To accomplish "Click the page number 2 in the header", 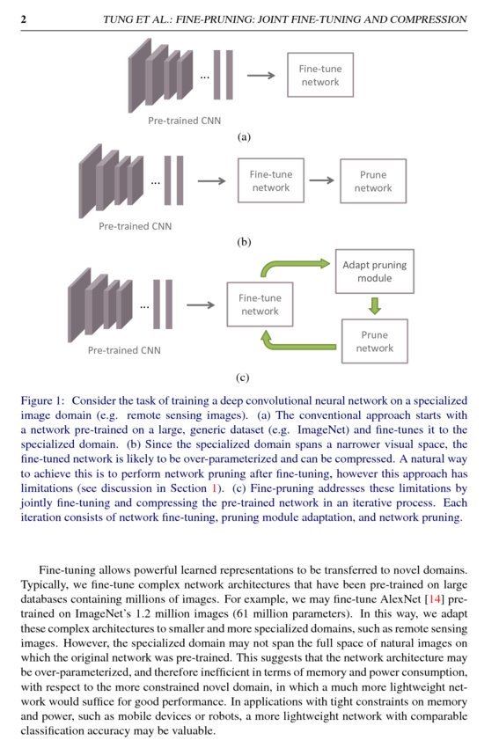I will [23, 18].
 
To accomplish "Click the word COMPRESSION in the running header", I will [426, 18].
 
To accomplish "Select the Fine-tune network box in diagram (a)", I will [320, 75].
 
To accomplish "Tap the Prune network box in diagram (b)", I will [373, 181].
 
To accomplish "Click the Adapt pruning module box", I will [375, 271].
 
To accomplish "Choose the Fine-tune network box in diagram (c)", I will [260, 304].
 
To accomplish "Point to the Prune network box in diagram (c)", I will [375, 341].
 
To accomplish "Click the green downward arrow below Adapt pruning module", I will [375, 306].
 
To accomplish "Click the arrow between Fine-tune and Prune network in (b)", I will [321, 181].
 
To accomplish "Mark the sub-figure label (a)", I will [245, 137].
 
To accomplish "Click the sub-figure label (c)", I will [245, 378].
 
